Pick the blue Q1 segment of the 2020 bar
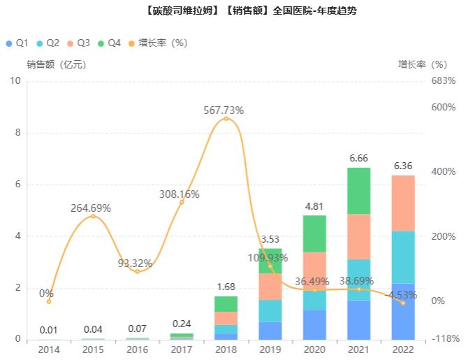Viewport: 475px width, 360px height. [314, 325]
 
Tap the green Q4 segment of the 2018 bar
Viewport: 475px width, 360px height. [225, 304]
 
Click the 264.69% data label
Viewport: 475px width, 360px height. [91, 208]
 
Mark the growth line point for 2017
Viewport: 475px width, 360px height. [182, 202]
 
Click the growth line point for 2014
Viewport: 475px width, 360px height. [49, 301]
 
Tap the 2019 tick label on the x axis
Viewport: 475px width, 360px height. [270, 350]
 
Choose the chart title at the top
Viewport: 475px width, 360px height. [237, 10]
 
